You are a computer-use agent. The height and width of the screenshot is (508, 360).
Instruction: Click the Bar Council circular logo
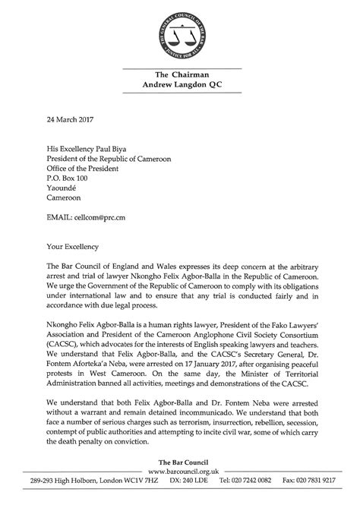(181, 36)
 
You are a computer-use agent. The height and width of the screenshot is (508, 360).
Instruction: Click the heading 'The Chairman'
(180, 74)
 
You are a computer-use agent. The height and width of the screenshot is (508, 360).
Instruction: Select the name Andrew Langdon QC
(180, 86)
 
